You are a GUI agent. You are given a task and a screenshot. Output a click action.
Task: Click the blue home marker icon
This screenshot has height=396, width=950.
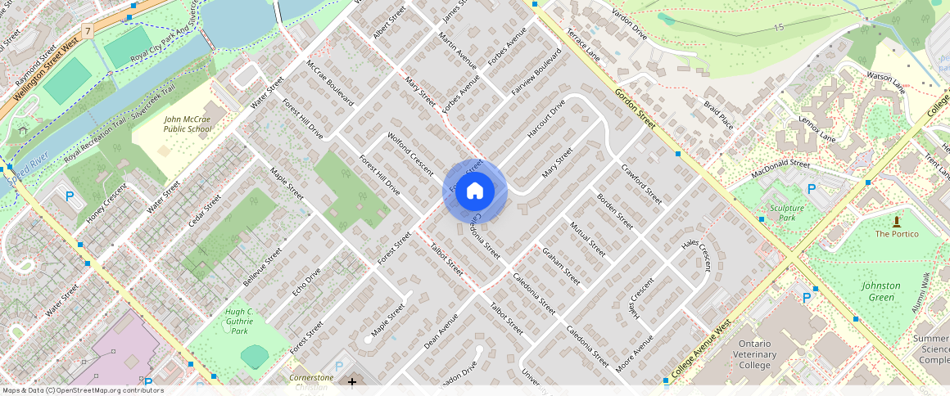475,191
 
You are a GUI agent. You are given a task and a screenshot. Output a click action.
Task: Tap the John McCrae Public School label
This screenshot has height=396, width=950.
187,124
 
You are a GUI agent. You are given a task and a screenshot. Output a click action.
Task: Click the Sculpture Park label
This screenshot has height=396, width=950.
787,213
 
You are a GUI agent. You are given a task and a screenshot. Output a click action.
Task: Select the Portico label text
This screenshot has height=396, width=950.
897,234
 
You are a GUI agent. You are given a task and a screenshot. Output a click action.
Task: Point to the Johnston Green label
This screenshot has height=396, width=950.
881,291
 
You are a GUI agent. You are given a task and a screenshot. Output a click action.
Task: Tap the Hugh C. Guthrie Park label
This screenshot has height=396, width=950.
238,322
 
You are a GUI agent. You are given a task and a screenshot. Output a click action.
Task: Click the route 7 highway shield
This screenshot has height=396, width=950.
88,30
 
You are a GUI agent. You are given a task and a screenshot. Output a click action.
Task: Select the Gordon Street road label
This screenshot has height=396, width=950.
636,108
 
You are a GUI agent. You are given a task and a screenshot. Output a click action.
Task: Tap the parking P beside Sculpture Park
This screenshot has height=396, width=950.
812,189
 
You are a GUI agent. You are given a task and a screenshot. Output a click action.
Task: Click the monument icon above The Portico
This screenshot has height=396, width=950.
897,220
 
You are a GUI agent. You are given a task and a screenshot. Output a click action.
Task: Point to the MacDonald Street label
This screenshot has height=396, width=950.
780,169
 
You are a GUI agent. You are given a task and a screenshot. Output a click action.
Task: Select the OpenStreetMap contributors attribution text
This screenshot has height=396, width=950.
82,390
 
